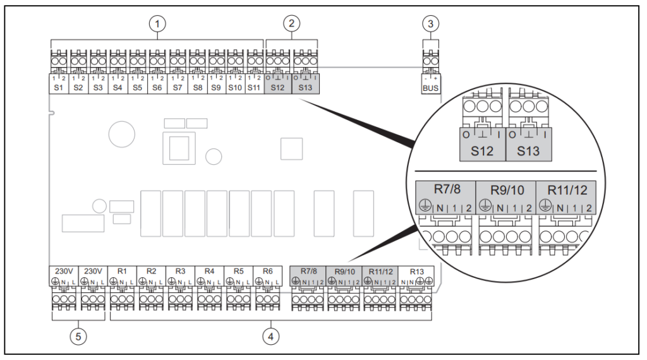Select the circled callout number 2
(x=291, y=23)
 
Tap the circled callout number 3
(x=430, y=23)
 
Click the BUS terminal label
(x=430, y=89)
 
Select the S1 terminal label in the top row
(x=59, y=89)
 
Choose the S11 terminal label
(x=255, y=89)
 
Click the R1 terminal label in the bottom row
(x=123, y=270)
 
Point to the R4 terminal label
(x=210, y=270)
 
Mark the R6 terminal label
(x=268, y=270)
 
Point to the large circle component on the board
(x=120, y=135)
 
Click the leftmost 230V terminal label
(x=62, y=270)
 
